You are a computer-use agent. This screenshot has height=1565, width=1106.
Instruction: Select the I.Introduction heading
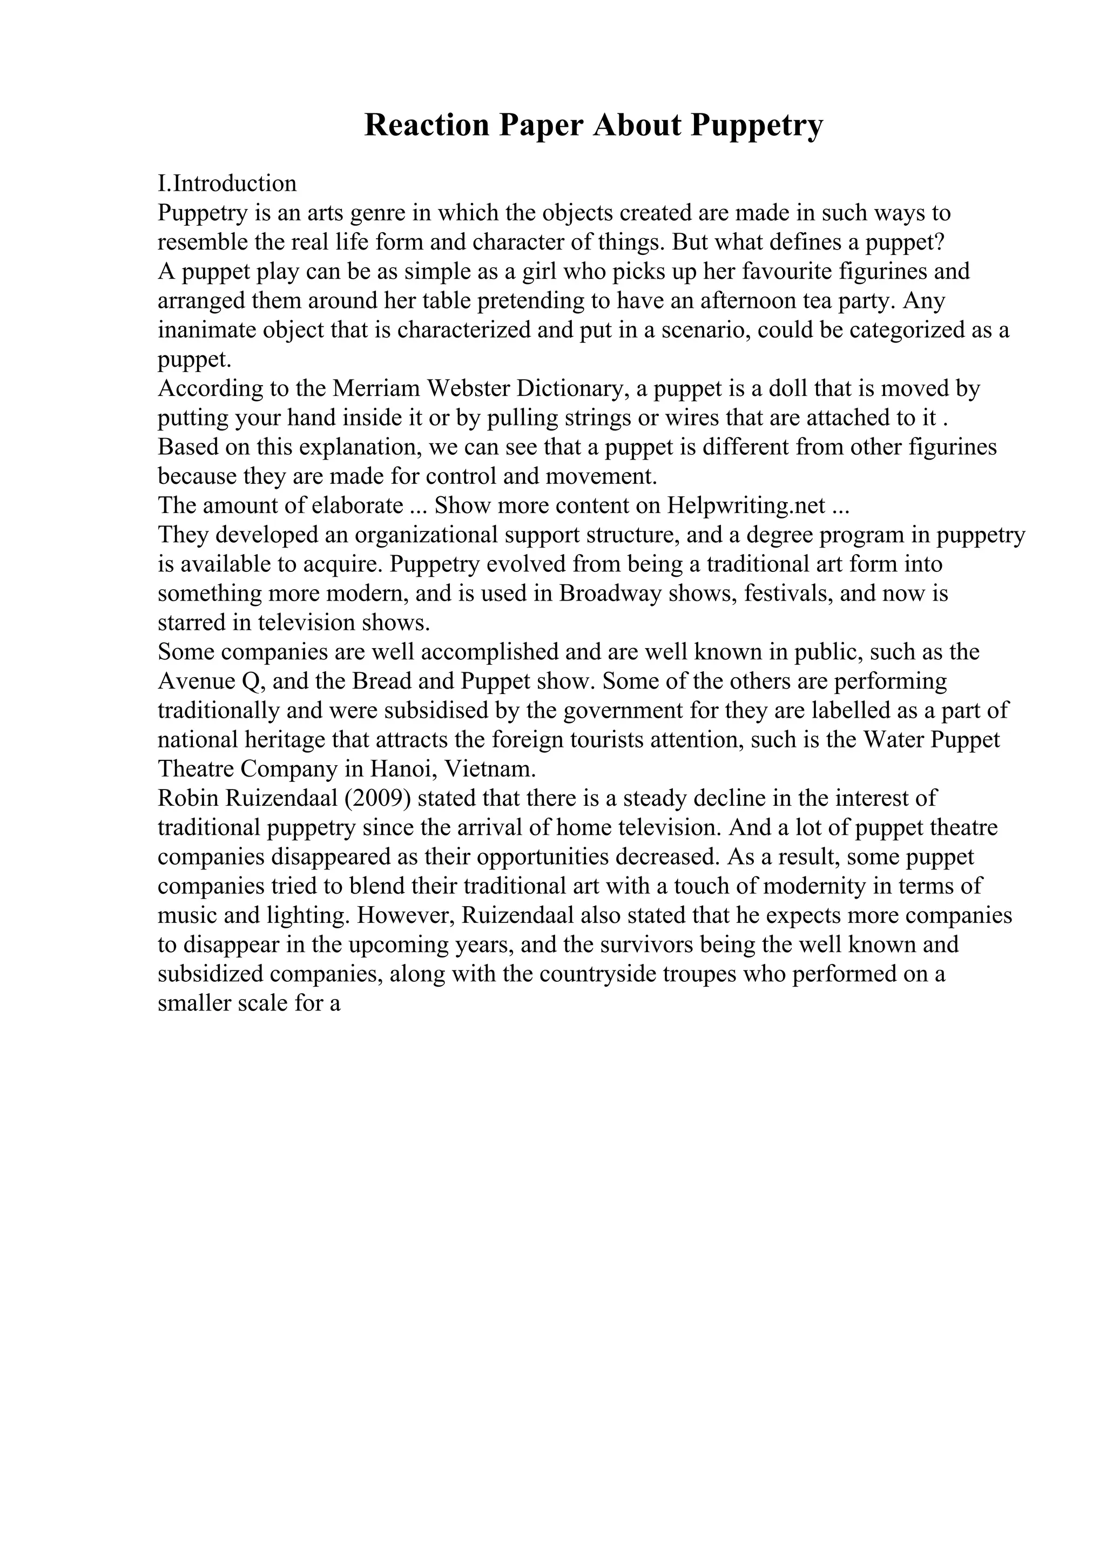(227, 184)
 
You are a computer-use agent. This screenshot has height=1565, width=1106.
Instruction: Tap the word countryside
(603, 974)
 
